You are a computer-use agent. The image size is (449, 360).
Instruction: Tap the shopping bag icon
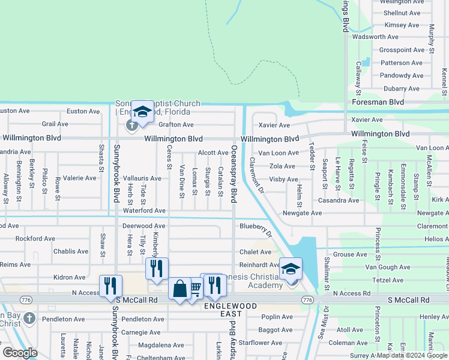click(180, 289)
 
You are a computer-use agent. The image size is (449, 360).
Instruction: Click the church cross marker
click(131, 125)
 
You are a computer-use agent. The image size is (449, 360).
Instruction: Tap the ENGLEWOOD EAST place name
click(230, 310)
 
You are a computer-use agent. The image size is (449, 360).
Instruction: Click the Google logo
click(20, 353)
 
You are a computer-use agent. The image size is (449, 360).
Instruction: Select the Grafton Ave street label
click(176, 125)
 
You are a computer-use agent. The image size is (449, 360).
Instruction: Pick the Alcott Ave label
click(213, 153)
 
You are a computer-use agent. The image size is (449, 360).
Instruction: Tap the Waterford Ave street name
click(144, 211)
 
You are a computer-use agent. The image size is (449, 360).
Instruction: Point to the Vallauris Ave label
click(142, 178)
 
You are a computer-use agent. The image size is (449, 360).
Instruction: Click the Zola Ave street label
click(282, 166)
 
